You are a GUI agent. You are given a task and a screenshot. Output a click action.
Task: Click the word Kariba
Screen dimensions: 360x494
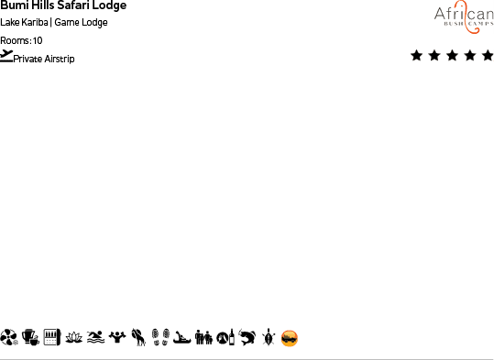click(x=36, y=23)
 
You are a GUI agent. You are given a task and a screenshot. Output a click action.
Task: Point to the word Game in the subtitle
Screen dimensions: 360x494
click(x=66, y=23)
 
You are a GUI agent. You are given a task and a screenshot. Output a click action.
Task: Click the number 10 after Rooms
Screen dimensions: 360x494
click(x=38, y=40)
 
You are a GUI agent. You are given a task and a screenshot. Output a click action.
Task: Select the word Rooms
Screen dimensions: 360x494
click(x=15, y=40)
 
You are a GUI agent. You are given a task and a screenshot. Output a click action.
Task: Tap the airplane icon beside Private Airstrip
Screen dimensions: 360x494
click(x=7, y=56)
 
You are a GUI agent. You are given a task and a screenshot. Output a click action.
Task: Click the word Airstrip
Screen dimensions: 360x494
click(x=60, y=59)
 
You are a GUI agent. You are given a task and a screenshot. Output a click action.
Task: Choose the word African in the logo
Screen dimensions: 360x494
click(x=463, y=13)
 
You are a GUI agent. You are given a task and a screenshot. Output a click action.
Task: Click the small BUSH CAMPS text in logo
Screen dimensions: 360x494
click(x=463, y=27)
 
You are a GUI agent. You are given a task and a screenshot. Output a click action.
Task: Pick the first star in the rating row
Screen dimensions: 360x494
click(x=417, y=56)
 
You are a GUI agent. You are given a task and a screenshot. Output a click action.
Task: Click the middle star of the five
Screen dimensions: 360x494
click(x=452, y=56)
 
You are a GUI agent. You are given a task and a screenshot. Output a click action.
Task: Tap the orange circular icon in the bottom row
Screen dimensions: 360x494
click(x=290, y=338)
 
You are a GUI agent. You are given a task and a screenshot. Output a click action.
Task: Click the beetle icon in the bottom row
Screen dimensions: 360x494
click(x=268, y=338)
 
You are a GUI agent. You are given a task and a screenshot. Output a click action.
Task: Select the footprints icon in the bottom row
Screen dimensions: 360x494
click(x=159, y=338)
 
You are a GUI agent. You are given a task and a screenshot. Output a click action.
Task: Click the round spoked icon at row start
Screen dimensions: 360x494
click(x=9, y=338)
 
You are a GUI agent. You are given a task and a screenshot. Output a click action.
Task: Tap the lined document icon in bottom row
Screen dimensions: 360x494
click(x=51, y=338)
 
